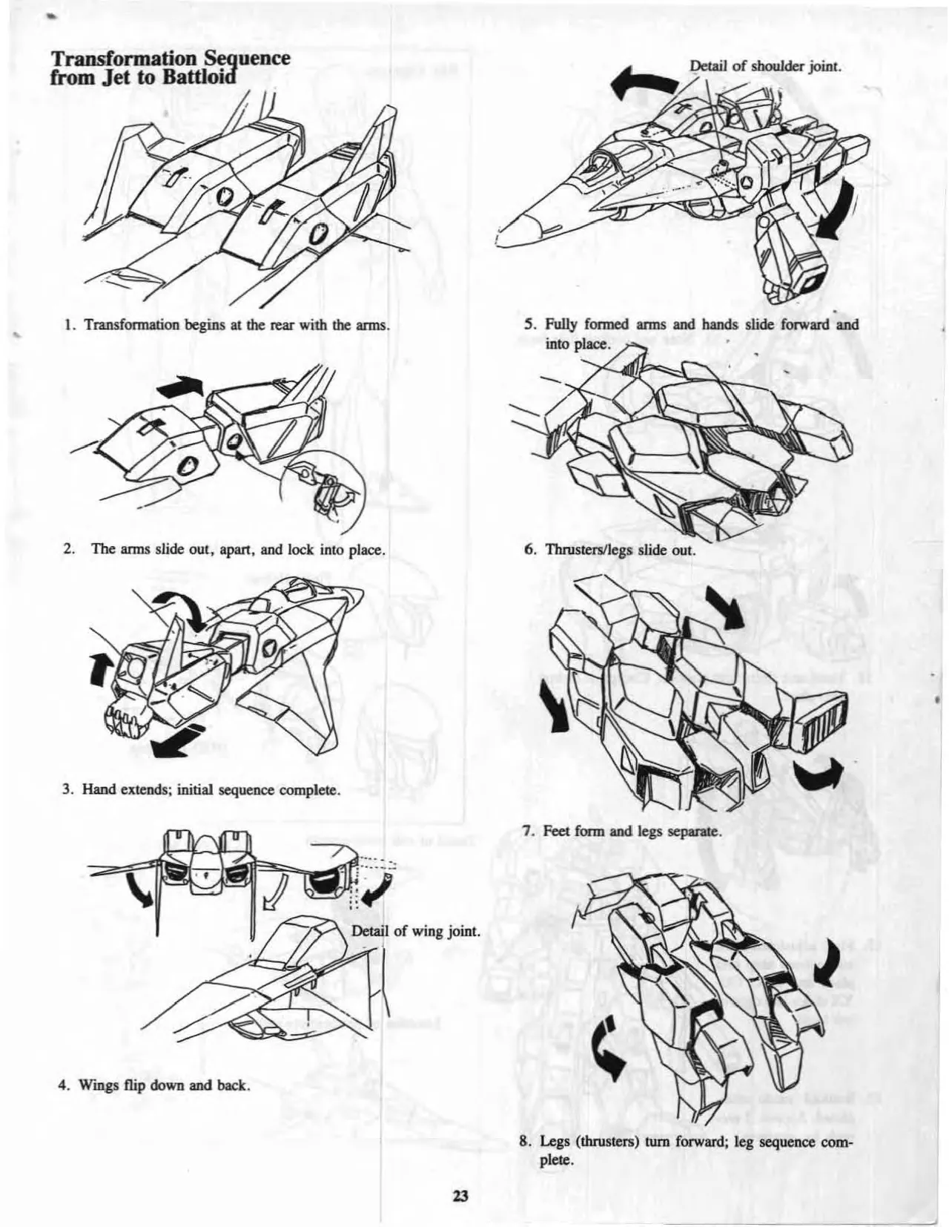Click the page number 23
[x=460, y=1195]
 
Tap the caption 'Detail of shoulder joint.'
[x=766, y=68]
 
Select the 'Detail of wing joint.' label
[x=416, y=930]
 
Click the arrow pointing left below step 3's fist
[x=178, y=742]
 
